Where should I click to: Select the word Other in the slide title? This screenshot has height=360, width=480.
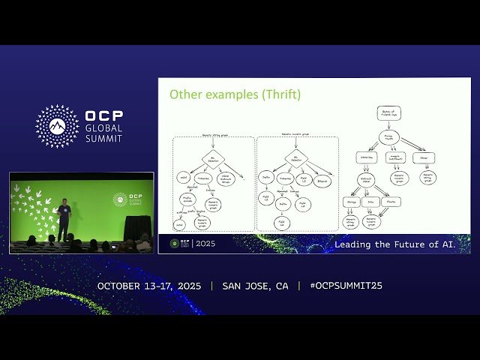184,95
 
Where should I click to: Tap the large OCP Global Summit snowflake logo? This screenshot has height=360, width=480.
57,126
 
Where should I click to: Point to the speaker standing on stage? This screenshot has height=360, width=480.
64,212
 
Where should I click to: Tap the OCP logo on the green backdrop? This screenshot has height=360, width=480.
120,199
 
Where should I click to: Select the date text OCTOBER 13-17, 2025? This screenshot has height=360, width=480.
151,286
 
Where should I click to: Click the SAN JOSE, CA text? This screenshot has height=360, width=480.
255,286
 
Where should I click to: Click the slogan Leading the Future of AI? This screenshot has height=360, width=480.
401,244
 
